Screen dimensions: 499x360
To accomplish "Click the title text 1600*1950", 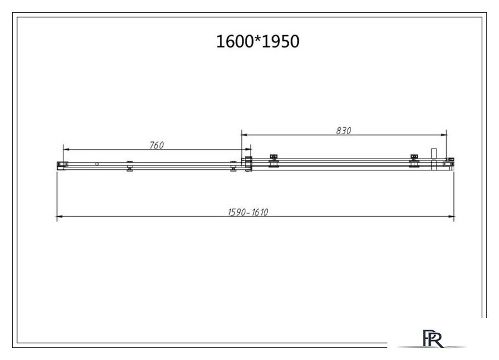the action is point(257,42).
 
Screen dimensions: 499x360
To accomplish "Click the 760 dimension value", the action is point(157,145).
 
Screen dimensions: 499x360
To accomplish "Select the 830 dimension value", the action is point(344,131).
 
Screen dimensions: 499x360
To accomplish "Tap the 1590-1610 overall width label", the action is point(248,212).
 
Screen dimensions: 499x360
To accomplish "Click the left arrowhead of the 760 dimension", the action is point(66,149).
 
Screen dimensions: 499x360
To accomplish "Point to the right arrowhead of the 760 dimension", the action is point(248,149).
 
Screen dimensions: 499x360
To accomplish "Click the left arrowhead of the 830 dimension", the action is point(244,135).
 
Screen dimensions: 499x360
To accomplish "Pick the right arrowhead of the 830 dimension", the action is point(444,135).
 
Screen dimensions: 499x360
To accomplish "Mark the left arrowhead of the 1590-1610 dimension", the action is point(60,216).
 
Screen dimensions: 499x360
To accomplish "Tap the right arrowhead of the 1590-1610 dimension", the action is point(451,216).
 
